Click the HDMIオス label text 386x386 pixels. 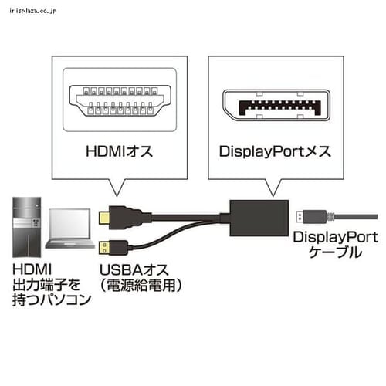[120, 151]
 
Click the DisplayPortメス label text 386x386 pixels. [275, 151]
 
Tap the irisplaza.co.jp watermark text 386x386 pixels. [32, 11]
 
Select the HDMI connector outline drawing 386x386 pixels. [120, 100]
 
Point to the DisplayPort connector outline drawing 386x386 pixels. [276, 105]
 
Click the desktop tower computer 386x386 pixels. [27, 227]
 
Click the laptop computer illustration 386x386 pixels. [69, 229]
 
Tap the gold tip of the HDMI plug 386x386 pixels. [104, 218]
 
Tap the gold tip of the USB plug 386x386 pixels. [103, 247]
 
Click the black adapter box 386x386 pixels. [259, 218]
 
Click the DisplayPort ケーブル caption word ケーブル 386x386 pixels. [335, 252]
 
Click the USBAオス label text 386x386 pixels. [134, 270]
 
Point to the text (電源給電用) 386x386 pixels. [141, 286]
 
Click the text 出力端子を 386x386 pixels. [46, 285]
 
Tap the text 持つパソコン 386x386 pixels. [52, 300]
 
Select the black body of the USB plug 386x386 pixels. [118, 248]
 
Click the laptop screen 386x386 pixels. [70, 224]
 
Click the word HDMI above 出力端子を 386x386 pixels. [32, 269]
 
